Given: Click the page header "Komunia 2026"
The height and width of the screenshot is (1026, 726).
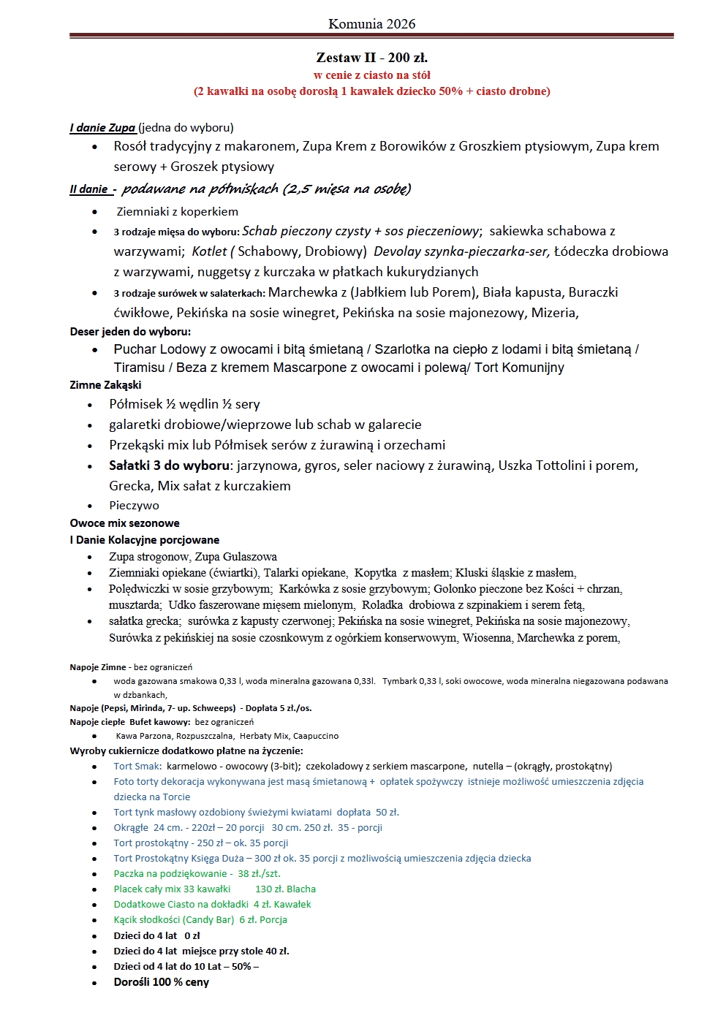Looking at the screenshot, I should pos(371,23).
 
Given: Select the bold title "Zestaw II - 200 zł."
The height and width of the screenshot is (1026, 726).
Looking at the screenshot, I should pos(371,57).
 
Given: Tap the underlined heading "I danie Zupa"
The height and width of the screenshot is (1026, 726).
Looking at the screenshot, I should pos(103,128).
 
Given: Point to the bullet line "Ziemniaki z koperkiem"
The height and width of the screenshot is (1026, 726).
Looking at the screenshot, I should pos(178,211).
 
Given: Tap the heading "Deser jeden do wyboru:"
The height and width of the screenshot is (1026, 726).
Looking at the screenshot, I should pos(130,332).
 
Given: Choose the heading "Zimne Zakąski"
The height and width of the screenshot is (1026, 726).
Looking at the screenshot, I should pos(106,385).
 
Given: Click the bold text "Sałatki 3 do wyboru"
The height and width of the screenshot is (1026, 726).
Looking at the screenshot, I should pos(169,465).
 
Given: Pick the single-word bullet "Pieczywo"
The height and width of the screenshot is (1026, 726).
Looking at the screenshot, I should pos(134,506).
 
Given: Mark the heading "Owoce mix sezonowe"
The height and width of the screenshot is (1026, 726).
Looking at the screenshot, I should pos(124,523).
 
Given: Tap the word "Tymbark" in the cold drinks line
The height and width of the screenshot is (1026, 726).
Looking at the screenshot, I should pos(399,681).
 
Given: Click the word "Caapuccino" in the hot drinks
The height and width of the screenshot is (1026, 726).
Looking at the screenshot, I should pos(315,736).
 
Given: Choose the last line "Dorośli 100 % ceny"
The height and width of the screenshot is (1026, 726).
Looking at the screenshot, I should pos(162,982).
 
